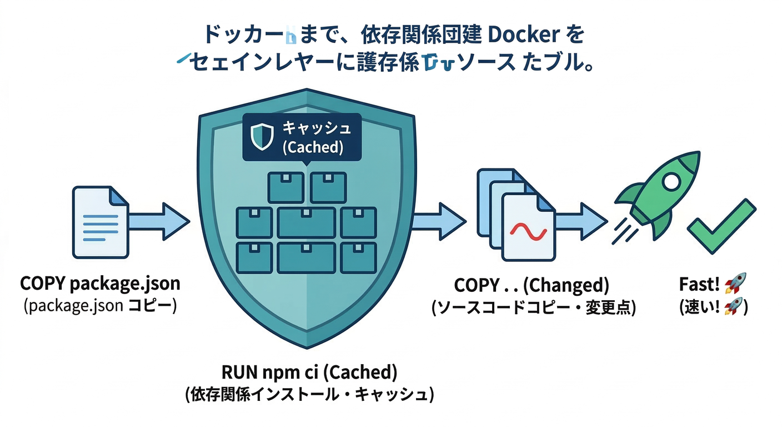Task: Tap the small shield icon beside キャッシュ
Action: [262, 137]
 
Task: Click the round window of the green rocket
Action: [669, 180]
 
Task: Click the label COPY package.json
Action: [100, 284]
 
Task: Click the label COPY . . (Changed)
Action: [532, 285]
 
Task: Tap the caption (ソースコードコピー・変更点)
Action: [532, 307]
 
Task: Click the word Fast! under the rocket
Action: [699, 284]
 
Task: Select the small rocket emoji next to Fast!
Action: [735, 284]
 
